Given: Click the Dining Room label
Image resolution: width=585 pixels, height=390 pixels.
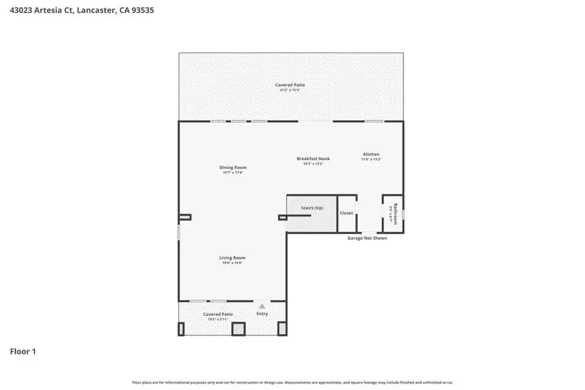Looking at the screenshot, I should click(x=233, y=167).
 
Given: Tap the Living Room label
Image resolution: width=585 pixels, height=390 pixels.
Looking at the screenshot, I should click(x=232, y=257).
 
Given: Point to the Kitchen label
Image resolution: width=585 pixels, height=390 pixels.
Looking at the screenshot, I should click(x=371, y=154).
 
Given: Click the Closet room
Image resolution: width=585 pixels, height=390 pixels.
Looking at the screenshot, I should click(x=346, y=213).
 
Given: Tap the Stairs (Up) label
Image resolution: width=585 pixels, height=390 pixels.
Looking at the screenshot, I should click(x=312, y=207).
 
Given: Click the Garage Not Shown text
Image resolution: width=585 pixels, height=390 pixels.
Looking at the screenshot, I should click(x=367, y=238).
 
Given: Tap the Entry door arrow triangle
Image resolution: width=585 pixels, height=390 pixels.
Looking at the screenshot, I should click(x=262, y=305).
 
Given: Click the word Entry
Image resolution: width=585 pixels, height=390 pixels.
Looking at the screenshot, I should click(x=262, y=314).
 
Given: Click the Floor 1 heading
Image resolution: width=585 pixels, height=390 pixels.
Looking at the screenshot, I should click(x=23, y=352).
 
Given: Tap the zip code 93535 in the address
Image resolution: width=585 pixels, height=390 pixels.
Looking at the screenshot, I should click(x=142, y=10).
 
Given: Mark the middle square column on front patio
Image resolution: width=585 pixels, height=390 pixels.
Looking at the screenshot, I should click(x=239, y=329).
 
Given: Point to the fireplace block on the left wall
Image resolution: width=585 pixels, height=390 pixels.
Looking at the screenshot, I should click(x=185, y=217).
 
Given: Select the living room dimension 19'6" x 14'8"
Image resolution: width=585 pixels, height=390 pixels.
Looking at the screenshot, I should click(x=232, y=263).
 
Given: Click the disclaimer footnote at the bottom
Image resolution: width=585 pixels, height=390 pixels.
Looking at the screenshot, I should click(x=292, y=382).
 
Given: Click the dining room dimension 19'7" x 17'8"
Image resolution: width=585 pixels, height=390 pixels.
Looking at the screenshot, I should click(x=233, y=172).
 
